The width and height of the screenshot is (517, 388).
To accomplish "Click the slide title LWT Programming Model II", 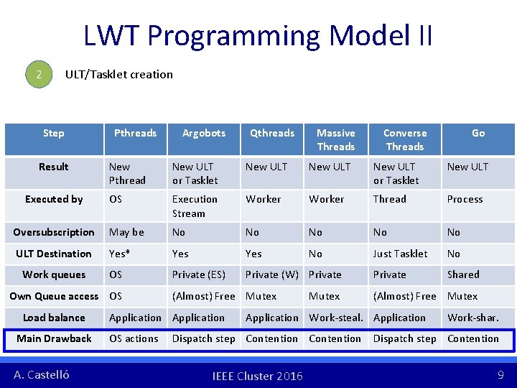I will tap(258, 34).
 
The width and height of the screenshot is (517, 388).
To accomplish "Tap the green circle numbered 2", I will tap(39, 74).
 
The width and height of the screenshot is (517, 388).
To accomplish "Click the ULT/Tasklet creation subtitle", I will tap(119, 74).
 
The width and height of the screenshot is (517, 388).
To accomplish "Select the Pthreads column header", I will tap(135, 133).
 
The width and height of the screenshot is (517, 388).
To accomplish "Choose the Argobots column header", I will tap(204, 133).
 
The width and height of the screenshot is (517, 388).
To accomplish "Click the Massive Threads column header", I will tap(336, 139).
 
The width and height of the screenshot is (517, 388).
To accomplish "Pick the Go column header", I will tap(478, 133).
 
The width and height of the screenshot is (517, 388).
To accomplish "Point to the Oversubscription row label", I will tap(54, 232).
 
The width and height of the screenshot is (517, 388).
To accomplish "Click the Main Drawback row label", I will tap(54, 338).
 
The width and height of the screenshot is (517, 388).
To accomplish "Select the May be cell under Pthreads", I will tap(126, 232).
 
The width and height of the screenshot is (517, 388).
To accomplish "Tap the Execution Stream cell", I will tap(195, 206).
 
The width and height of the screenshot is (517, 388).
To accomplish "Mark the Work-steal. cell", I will tap(336, 318).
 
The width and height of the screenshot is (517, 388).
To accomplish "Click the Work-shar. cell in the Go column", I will tap(472, 318).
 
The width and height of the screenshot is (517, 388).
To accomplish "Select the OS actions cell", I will tap(134, 338).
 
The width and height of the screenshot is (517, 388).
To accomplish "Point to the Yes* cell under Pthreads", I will tap(120, 254).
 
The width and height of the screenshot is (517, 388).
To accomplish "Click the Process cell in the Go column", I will tap(465, 199).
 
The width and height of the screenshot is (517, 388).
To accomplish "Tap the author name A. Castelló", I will tap(42, 374).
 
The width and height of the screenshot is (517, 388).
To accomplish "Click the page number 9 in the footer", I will tap(500, 374).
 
